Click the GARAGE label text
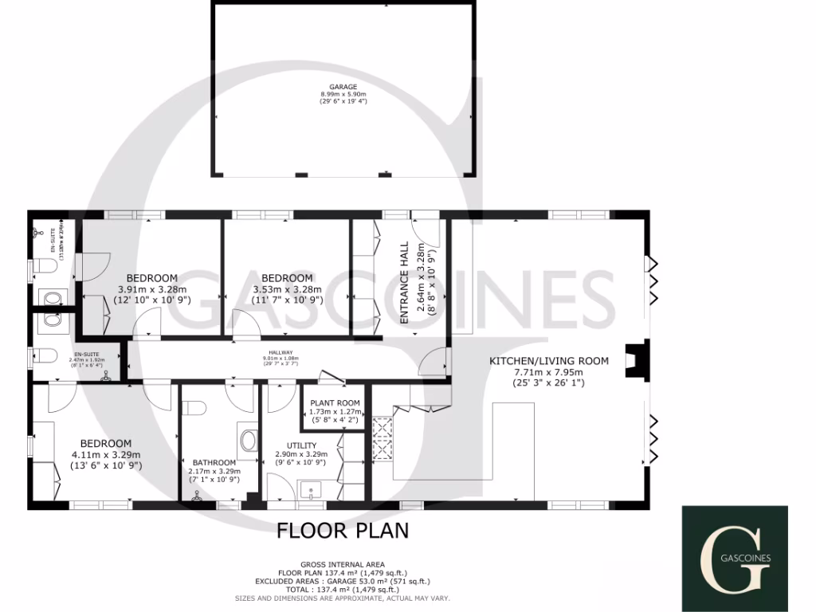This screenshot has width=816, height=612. tap(343, 86)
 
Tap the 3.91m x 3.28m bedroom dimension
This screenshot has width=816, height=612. tap(152, 289)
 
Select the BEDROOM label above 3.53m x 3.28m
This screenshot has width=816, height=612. tap(286, 278)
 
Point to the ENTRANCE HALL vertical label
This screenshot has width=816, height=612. tap(404, 282)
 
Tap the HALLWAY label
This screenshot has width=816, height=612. tap(280, 353)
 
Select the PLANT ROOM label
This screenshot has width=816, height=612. tap(335, 403)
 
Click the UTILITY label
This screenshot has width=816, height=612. tap(302, 445)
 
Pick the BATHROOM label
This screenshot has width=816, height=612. tap(214, 462)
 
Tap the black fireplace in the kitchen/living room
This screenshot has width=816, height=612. tap(635, 360)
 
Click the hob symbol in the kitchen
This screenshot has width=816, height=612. tap(382, 439)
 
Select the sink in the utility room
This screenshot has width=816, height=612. tap(310, 488)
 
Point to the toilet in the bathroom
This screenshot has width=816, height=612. tap(194, 408)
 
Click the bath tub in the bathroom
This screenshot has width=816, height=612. tap(248, 439)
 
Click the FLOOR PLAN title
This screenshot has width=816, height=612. tap(343, 531)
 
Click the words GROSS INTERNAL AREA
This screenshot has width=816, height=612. tap(342, 563)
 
